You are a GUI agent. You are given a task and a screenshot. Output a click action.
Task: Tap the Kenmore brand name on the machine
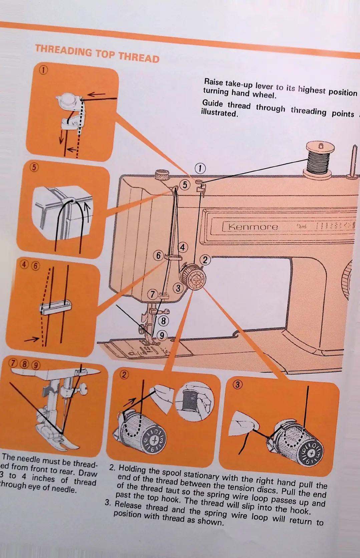253,227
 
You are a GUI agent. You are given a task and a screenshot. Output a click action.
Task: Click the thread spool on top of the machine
320,158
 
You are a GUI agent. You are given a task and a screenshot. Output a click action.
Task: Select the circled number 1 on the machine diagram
200,168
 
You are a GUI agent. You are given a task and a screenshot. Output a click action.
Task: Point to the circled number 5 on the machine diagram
185,185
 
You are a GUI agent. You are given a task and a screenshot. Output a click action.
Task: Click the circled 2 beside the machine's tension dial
205,260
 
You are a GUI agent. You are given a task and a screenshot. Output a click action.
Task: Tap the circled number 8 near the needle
163,321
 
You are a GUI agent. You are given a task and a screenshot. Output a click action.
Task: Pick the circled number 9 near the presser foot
162,335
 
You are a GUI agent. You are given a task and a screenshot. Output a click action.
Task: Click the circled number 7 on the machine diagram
152,294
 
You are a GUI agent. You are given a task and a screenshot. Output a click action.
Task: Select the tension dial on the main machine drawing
194,277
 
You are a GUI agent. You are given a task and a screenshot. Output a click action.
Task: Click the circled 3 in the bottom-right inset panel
237,385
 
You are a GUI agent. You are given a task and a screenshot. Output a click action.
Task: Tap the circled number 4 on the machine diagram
183,247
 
